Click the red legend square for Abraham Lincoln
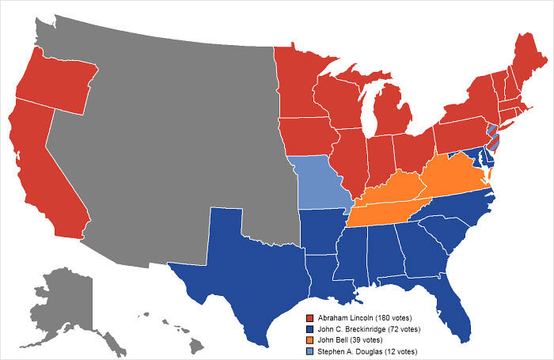point(309,318)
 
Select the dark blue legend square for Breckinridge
point(309,329)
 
